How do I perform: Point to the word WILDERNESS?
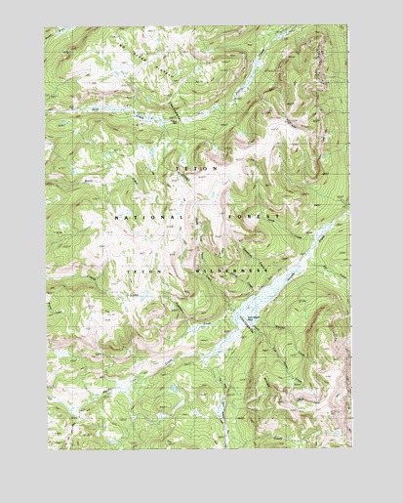click(x=226, y=264)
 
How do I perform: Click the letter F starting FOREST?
click(x=228, y=216)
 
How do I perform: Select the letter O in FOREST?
click(x=238, y=216)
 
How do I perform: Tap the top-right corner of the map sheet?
click(x=346, y=27)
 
